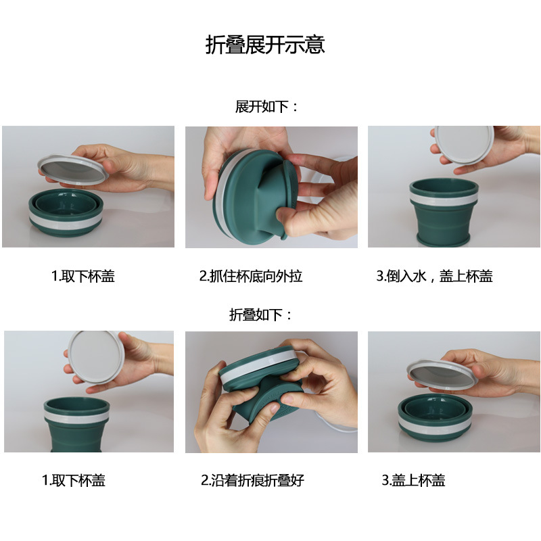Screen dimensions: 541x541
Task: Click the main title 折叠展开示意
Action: pyautogui.click(x=265, y=45)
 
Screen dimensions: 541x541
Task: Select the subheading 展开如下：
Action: pyautogui.click(x=266, y=107)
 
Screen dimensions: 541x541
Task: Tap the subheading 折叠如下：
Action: pyautogui.click(x=260, y=314)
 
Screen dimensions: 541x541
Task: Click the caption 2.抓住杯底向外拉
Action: pyautogui.click(x=251, y=276)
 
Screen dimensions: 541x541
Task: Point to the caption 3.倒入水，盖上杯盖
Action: pyautogui.click(x=434, y=276)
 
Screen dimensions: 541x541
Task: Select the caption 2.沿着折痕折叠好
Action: pyautogui.click(x=252, y=480)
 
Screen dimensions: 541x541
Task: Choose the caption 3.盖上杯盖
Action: pyautogui.click(x=413, y=480)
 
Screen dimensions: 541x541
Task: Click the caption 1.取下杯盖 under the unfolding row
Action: pyautogui.click(x=83, y=276)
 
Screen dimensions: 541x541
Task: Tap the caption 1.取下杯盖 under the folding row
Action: pyautogui.click(x=74, y=480)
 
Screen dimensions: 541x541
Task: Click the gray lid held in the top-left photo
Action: pyautogui.click(x=73, y=168)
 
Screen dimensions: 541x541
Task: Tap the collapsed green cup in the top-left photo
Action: pyautogui.click(x=66, y=212)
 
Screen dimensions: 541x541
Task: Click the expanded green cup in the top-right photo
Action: pyautogui.click(x=444, y=212)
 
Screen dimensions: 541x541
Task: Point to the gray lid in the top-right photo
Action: pyautogui.click(x=464, y=144)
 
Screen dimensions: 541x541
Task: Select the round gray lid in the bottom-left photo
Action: pyautogui.click(x=96, y=357)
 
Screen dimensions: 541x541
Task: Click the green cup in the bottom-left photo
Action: pyautogui.click(x=76, y=425)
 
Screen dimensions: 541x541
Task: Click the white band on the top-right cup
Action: pyautogui.click(x=444, y=198)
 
